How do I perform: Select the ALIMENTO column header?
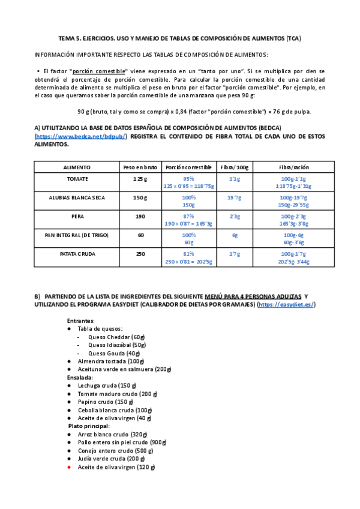pos(77,167)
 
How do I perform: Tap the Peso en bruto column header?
pos(140,167)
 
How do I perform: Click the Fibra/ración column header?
pos(294,167)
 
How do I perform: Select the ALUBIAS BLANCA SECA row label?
pos(77,197)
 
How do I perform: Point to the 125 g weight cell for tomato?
pos(140,179)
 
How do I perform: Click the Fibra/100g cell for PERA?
pos(235,216)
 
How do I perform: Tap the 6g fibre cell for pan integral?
pos(235,235)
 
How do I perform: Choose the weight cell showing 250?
pos(140,254)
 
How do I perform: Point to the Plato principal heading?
pos(89,426)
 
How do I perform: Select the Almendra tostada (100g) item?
pos(111,361)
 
